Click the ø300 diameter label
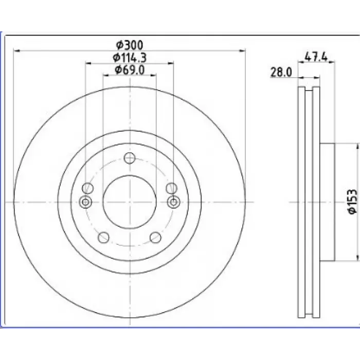130,45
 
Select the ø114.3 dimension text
130,58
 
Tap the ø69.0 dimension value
130,70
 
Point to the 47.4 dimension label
316,57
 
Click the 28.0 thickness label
281,73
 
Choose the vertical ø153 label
353,202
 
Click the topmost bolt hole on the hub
130,158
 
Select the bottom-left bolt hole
103,238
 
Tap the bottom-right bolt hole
155,238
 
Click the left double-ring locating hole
85,202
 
